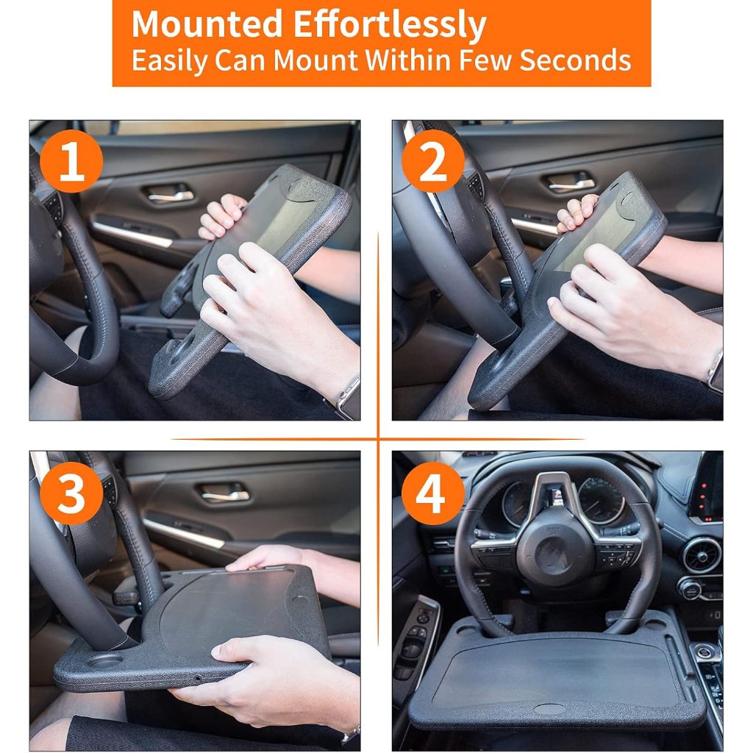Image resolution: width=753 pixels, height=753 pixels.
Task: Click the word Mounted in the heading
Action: [207, 24]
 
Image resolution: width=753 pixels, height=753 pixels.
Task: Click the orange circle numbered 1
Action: [71, 161]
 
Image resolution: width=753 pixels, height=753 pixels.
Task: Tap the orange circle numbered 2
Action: [433, 161]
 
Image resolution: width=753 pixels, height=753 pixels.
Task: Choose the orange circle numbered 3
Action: [71, 493]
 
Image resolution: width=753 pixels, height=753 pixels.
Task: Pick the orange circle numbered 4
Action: [433, 493]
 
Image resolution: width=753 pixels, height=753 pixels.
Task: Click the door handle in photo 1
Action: [171, 193]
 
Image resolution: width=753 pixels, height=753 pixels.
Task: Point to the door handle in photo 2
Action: [570, 182]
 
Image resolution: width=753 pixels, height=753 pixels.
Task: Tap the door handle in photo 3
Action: [225, 493]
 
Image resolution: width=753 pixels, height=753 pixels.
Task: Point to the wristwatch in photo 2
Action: [715, 371]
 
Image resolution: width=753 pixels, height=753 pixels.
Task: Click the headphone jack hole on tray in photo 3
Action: [197, 678]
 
